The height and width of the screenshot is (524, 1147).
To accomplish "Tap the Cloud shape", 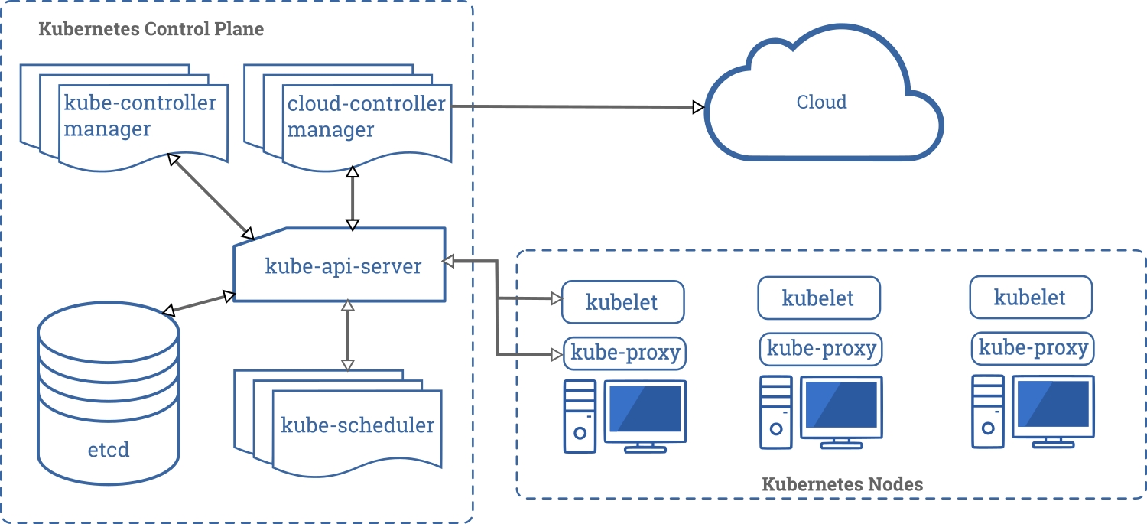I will [x=823, y=103].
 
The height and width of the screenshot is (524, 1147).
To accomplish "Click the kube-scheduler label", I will [x=357, y=425].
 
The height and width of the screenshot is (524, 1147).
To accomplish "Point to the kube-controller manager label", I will [x=140, y=116].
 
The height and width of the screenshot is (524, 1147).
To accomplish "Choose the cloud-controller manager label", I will [x=366, y=116].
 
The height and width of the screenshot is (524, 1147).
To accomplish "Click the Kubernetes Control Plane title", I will [x=151, y=30].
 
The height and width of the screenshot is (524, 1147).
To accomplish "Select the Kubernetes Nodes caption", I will [x=842, y=484].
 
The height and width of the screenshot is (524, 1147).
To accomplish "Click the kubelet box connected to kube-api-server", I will [x=622, y=301].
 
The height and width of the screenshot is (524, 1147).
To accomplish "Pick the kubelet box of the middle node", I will [x=818, y=298].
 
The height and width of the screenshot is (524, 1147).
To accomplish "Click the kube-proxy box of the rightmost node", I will [x=1033, y=349].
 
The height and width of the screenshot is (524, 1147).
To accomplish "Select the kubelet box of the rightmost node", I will [x=1030, y=297].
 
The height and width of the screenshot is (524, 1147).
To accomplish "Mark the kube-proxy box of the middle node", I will [x=821, y=349].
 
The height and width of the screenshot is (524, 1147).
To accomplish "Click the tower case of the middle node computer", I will [x=775, y=412].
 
